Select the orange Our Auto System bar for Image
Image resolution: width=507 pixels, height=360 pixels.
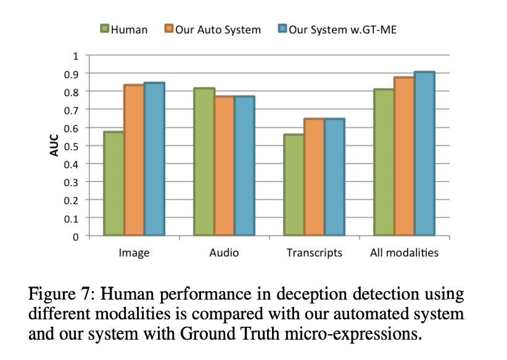134,160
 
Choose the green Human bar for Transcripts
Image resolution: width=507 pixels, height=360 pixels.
294,184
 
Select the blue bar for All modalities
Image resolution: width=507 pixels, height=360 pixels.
425,153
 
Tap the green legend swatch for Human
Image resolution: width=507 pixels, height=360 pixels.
105,29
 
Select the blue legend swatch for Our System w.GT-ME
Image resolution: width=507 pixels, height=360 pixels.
282,29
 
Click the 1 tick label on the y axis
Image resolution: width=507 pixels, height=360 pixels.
76,55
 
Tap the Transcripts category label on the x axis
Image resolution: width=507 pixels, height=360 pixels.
314,253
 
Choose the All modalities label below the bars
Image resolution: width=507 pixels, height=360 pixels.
404,253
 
